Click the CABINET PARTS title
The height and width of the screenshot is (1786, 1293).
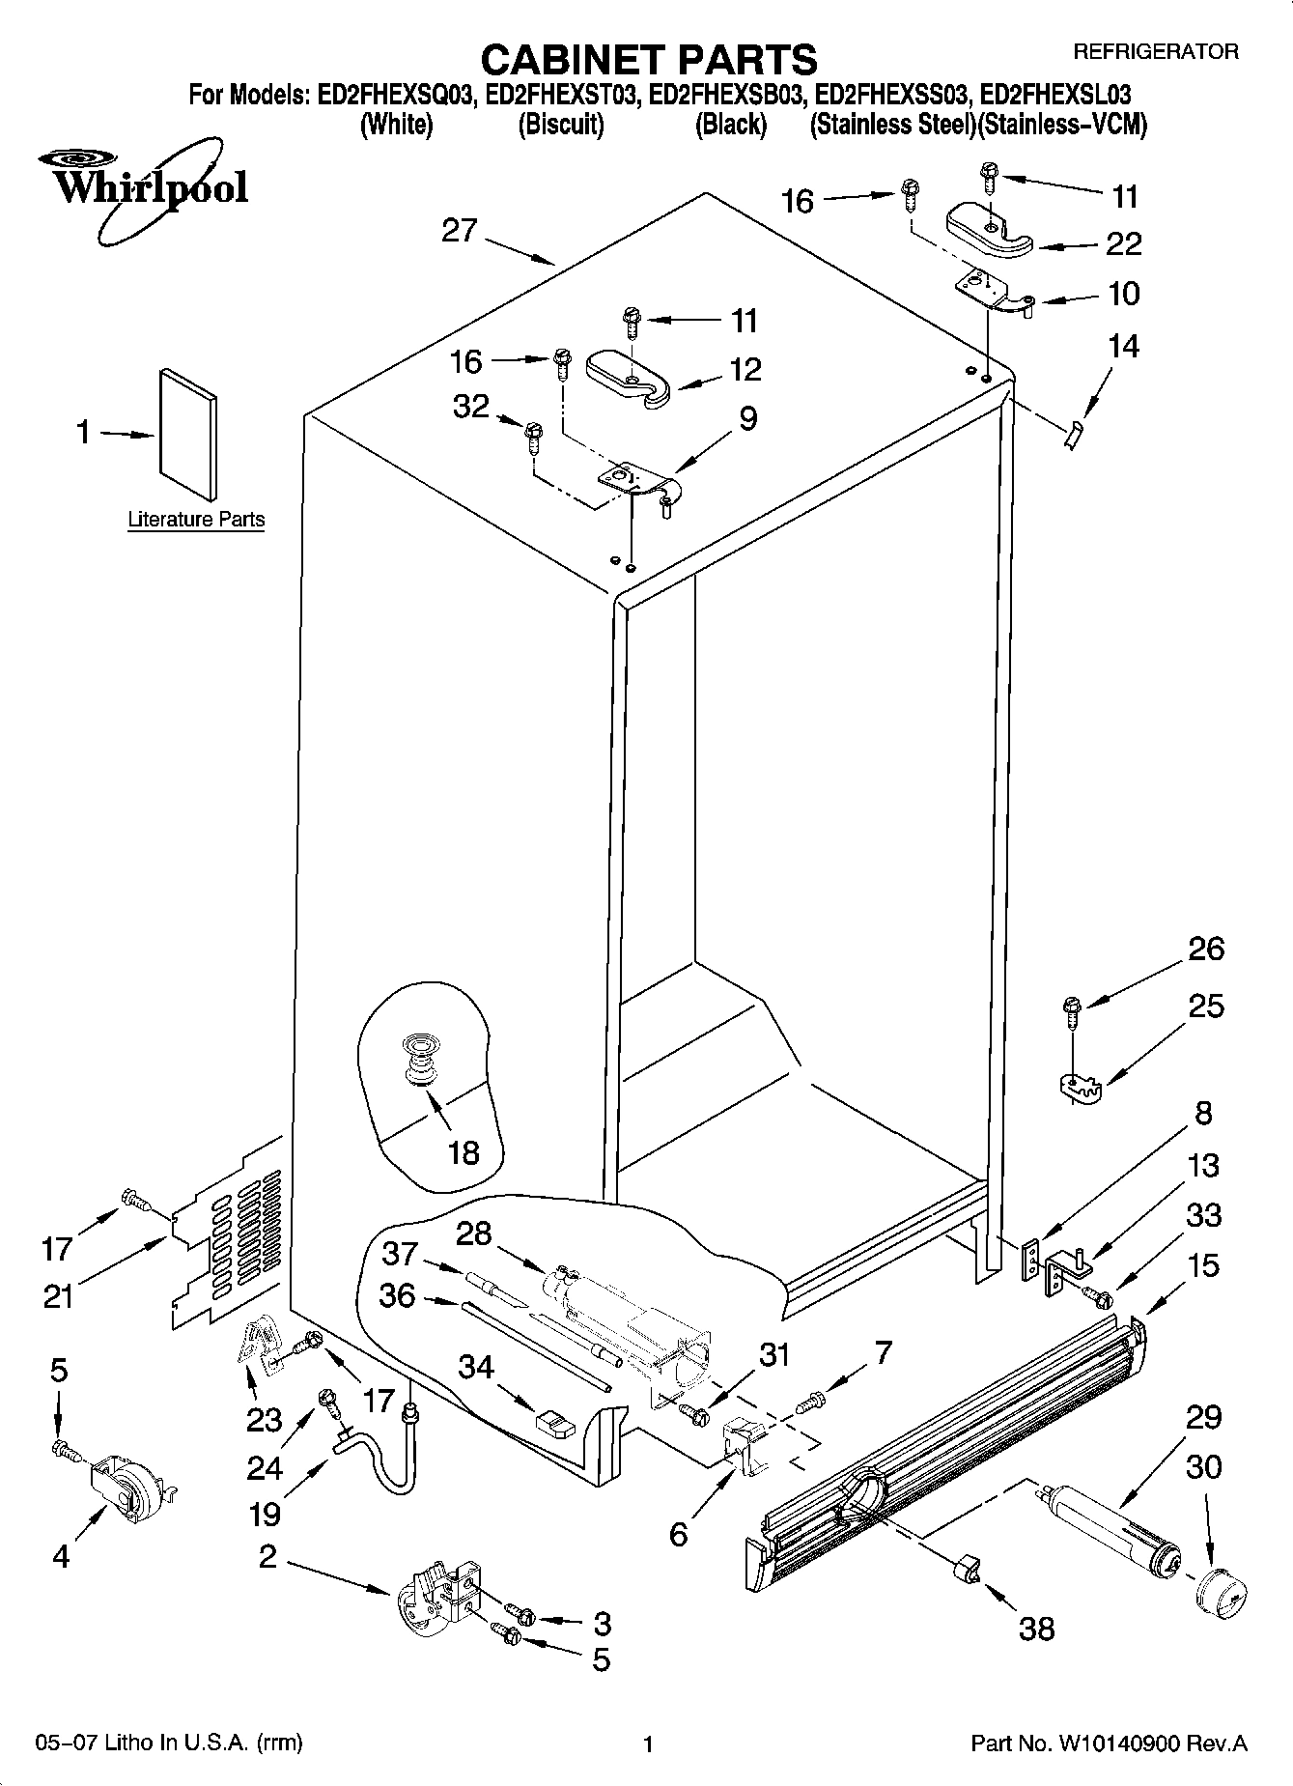click(648, 60)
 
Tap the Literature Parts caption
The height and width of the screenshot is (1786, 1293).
click(196, 520)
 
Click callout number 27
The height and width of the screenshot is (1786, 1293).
click(460, 231)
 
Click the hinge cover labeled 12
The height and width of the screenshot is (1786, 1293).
click(627, 376)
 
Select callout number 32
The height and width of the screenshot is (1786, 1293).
click(471, 407)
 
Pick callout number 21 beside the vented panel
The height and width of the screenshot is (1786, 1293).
click(58, 1295)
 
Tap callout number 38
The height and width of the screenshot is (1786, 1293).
click(1037, 1630)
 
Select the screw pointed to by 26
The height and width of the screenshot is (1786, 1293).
click(1071, 1007)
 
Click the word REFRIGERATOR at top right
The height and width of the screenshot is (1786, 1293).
click(1155, 52)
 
